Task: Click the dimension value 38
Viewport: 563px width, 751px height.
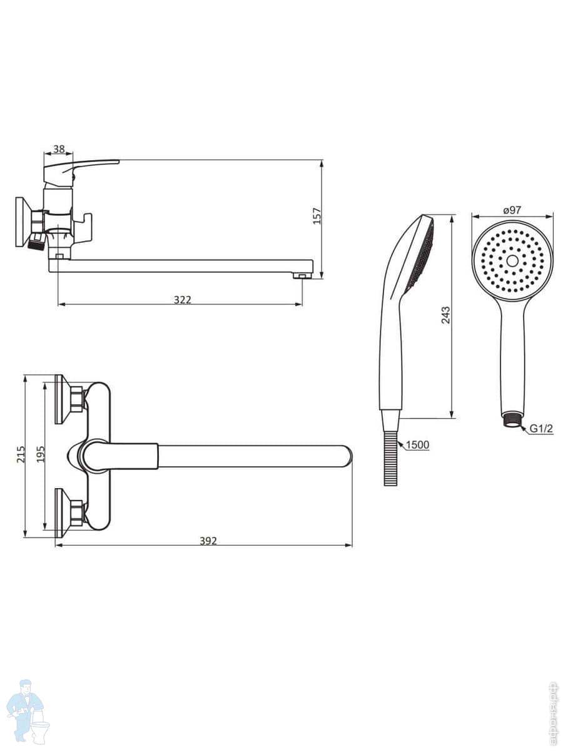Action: (59, 149)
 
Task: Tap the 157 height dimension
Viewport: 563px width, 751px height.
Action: (317, 216)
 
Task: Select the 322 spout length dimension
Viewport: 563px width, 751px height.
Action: (183, 300)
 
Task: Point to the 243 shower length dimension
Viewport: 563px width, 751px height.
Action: (446, 315)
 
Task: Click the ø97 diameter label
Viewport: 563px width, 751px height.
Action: (512, 210)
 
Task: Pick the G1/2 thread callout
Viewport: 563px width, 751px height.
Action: (541, 428)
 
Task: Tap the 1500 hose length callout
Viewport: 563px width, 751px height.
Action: (417, 445)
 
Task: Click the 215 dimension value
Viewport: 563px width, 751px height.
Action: (21, 454)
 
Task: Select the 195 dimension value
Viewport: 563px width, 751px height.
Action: (41, 454)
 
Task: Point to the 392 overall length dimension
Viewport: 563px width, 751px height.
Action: (208, 541)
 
